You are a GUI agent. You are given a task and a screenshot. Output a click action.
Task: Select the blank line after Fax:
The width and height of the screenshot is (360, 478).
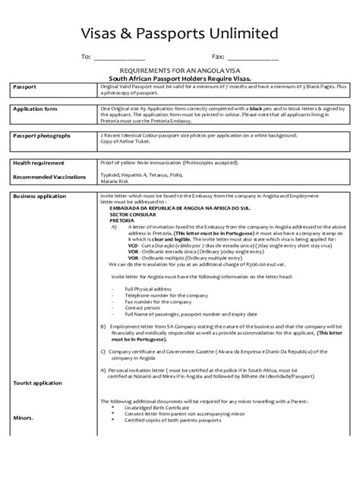tap(254, 58)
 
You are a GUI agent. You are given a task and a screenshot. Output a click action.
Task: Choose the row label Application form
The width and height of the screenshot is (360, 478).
tap(38, 108)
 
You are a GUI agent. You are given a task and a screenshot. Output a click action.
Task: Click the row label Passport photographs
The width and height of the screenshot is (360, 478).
tap(43, 135)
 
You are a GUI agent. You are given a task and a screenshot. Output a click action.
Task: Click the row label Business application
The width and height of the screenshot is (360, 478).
tap(43, 196)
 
